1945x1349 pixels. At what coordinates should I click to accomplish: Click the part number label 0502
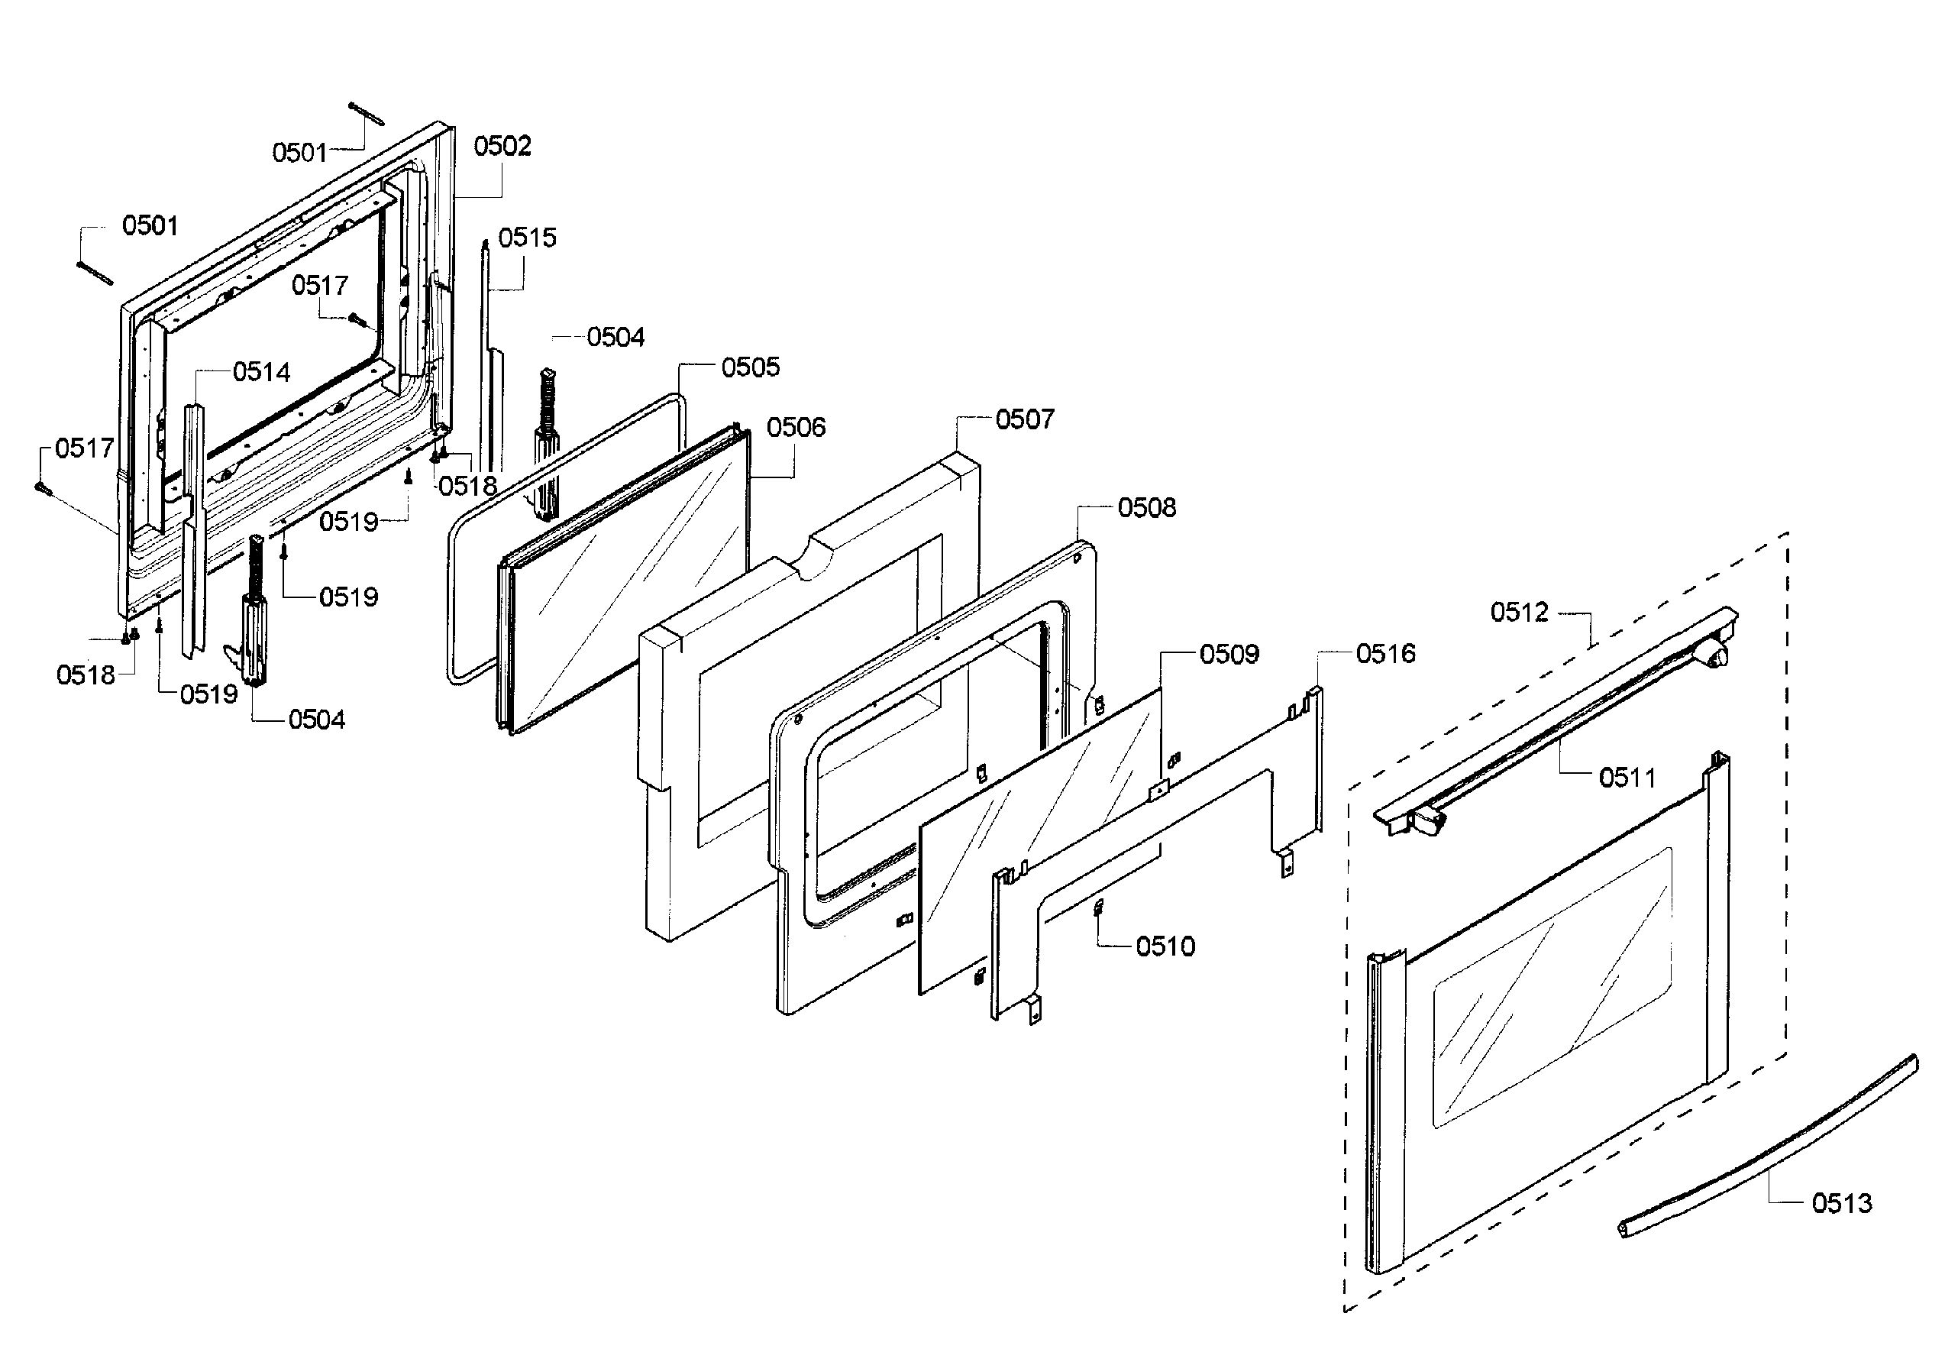502,146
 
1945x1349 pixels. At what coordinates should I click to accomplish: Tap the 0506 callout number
795,428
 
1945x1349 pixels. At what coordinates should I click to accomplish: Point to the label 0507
1024,419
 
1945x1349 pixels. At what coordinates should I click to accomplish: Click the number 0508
1145,508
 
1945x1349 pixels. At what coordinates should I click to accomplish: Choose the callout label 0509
1229,654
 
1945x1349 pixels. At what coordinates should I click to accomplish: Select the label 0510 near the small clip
1165,946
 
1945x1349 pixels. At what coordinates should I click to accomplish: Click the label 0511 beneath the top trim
1627,778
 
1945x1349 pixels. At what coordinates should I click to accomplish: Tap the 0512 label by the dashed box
1518,612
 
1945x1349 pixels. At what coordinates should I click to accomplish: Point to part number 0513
1841,1203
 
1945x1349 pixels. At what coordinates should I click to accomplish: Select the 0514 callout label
261,372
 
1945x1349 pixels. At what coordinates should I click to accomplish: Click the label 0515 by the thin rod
526,238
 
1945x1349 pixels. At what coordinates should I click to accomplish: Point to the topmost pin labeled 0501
366,113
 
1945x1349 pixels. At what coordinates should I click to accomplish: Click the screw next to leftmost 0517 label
42,487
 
